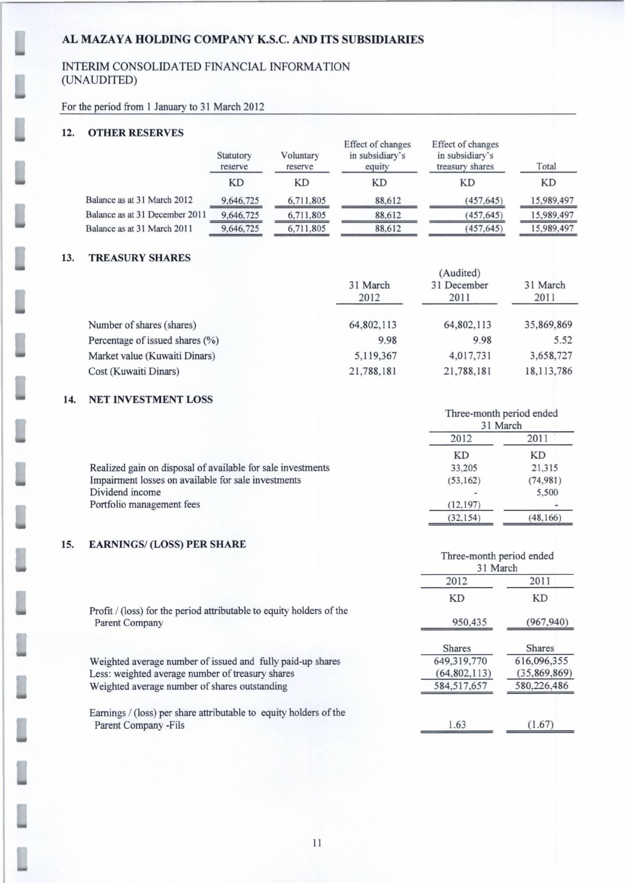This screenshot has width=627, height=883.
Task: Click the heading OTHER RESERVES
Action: (136, 133)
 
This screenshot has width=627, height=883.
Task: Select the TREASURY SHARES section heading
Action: (140, 258)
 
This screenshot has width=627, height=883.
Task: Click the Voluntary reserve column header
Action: (300, 161)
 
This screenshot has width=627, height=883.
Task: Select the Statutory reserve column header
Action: (234, 161)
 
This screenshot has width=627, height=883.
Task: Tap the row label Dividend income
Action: (125, 492)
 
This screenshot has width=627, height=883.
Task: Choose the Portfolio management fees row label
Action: (145, 504)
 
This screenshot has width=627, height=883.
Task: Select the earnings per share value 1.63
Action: (457, 725)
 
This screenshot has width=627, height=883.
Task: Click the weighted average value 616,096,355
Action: (540, 662)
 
